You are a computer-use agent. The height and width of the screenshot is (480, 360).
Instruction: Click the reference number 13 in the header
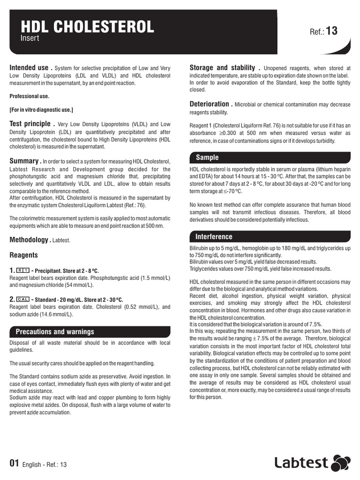[x=331, y=31]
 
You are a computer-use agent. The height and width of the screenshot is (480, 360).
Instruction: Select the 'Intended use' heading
[x=29, y=68]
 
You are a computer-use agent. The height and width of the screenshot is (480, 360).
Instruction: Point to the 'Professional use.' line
[x=29, y=96]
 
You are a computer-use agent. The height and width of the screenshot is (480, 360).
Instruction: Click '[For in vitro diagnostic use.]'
[x=41, y=110]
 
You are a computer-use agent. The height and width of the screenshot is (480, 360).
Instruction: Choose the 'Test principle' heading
[x=30, y=124]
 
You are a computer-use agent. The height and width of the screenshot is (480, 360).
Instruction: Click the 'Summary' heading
[x=25, y=161]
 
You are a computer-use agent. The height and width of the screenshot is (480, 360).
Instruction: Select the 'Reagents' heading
[x=24, y=255]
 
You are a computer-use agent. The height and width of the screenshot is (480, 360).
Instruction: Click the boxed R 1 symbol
[x=23, y=270]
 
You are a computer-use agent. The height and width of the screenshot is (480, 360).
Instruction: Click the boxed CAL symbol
[x=23, y=299]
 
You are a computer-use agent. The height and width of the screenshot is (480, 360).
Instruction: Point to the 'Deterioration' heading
[x=209, y=104]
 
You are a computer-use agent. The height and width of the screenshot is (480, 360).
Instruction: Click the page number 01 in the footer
[x=15, y=464]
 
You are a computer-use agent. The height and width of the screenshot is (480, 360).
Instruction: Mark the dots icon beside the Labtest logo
[x=341, y=463]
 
